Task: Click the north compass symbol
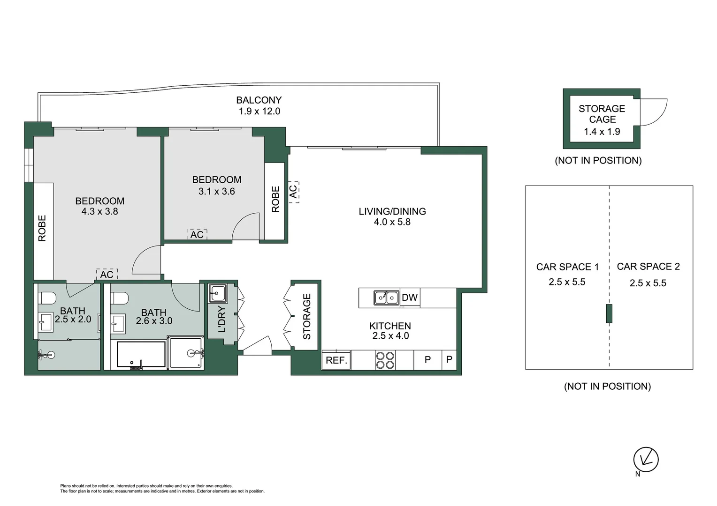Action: (x=646, y=459)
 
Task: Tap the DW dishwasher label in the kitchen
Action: (x=410, y=298)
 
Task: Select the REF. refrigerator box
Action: (x=336, y=360)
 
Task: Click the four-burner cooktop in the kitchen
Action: (x=385, y=360)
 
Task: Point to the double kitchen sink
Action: (x=386, y=298)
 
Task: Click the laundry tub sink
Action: (x=218, y=293)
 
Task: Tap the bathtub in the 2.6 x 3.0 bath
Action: (x=142, y=354)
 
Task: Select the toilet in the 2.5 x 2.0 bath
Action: (x=47, y=298)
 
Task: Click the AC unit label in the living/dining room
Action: (x=294, y=192)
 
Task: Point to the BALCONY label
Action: (x=259, y=100)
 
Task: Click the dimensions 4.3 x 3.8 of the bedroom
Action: (x=99, y=212)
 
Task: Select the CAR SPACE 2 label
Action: (x=648, y=267)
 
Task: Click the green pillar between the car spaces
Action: (x=609, y=313)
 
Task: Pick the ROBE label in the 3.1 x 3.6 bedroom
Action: (x=275, y=199)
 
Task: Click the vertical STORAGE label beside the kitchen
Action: (x=306, y=316)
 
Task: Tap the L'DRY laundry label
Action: (x=222, y=320)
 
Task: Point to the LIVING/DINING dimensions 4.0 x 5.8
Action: (x=392, y=222)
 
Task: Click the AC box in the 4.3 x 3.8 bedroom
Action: (x=107, y=274)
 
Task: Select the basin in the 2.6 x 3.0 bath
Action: (x=118, y=324)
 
